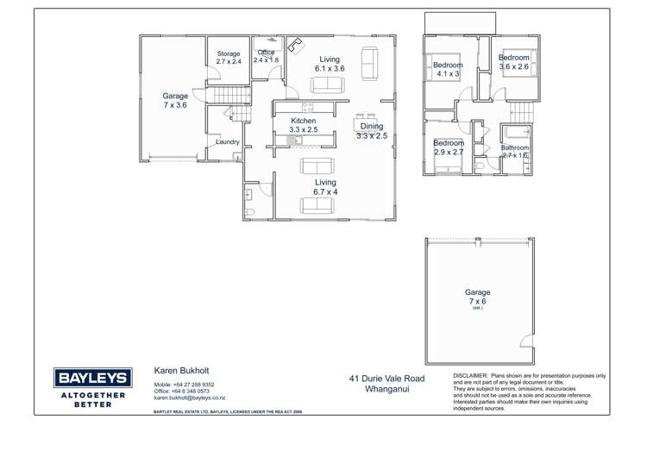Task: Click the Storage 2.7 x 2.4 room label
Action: [x=229, y=58]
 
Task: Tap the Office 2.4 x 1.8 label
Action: [x=267, y=57]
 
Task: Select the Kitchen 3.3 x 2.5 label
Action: [x=304, y=125]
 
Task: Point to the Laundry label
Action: [x=228, y=142]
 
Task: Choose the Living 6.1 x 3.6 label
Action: [x=330, y=64]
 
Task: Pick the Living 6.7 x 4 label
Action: [x=325, y=187]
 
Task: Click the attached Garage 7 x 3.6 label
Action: [x=175, y=101]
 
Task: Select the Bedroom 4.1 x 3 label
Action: [x=448, y=70]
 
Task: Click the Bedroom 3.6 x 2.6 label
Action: [x=513, y=62]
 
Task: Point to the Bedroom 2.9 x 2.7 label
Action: [x=449, y=147]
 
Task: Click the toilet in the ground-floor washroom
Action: [x=250, y=211]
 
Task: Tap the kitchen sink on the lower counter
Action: [x=293, y=140]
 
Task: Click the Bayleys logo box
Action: [x=94, y=377]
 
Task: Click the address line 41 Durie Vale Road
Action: [x=387, y=379]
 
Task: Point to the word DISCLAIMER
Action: [x=470, y=377]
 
